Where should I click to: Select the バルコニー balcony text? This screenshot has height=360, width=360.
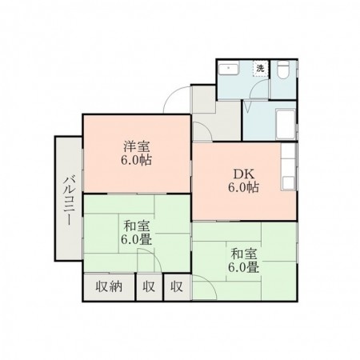click(67, 199)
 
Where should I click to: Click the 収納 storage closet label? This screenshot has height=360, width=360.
click(109, 286)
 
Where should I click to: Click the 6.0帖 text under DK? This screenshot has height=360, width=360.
click(242, 189)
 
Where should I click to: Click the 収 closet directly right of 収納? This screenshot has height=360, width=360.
click(149, 286)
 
